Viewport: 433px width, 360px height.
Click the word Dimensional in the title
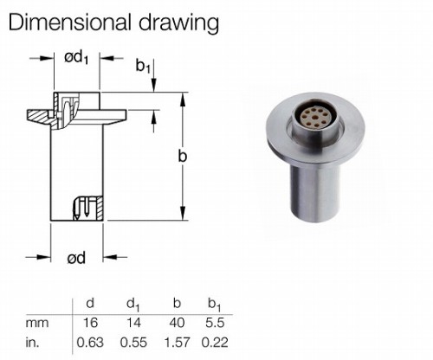[x=69, y=22]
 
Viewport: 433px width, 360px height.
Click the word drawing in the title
[x=179, y=23]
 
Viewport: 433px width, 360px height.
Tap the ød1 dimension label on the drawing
[x=76, y=58]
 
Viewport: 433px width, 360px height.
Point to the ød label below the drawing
[x=76, y=258]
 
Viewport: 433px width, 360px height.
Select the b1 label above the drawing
[x=143, y=67]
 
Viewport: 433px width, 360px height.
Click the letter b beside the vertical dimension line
[x=183, y=156]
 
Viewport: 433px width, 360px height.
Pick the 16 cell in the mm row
[x=90, y=322]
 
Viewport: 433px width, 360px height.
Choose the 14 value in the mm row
[x=133, y=322]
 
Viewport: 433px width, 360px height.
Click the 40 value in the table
[x=177, y=322]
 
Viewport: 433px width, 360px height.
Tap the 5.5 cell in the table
[x=215, y=322]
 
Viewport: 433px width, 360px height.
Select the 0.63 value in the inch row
[x=90, y=343]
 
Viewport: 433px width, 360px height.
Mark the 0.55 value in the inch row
[x=133, y=343]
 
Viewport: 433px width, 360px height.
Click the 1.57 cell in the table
[x=177, y=343]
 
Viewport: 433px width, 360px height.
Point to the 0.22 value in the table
[x=215, y=343]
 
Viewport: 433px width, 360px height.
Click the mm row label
[x=37, y=323]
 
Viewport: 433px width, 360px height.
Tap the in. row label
[x=32, y=343]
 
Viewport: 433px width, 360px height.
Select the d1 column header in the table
[x=133, y=305]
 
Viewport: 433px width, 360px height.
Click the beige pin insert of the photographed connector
[x=316, y=117]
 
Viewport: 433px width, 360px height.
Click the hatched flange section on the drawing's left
[x=39, y=116]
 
